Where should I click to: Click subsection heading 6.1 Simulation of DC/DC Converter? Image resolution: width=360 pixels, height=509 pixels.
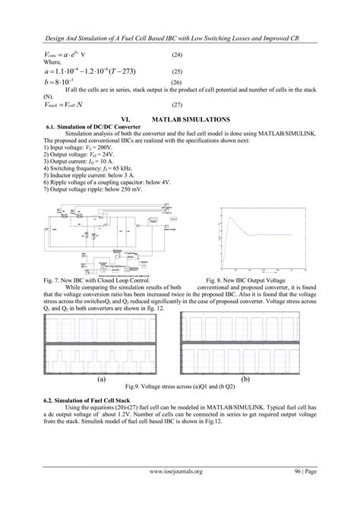90,126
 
